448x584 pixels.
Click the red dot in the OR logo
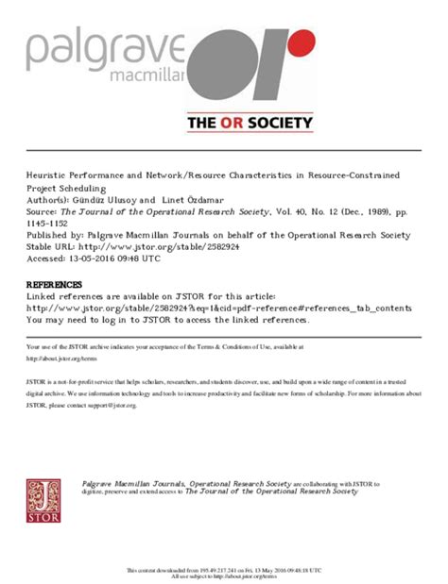[x=301, y=42]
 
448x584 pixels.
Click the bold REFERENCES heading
[x=53, y=285]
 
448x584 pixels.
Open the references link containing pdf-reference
[x=218, y=308]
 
